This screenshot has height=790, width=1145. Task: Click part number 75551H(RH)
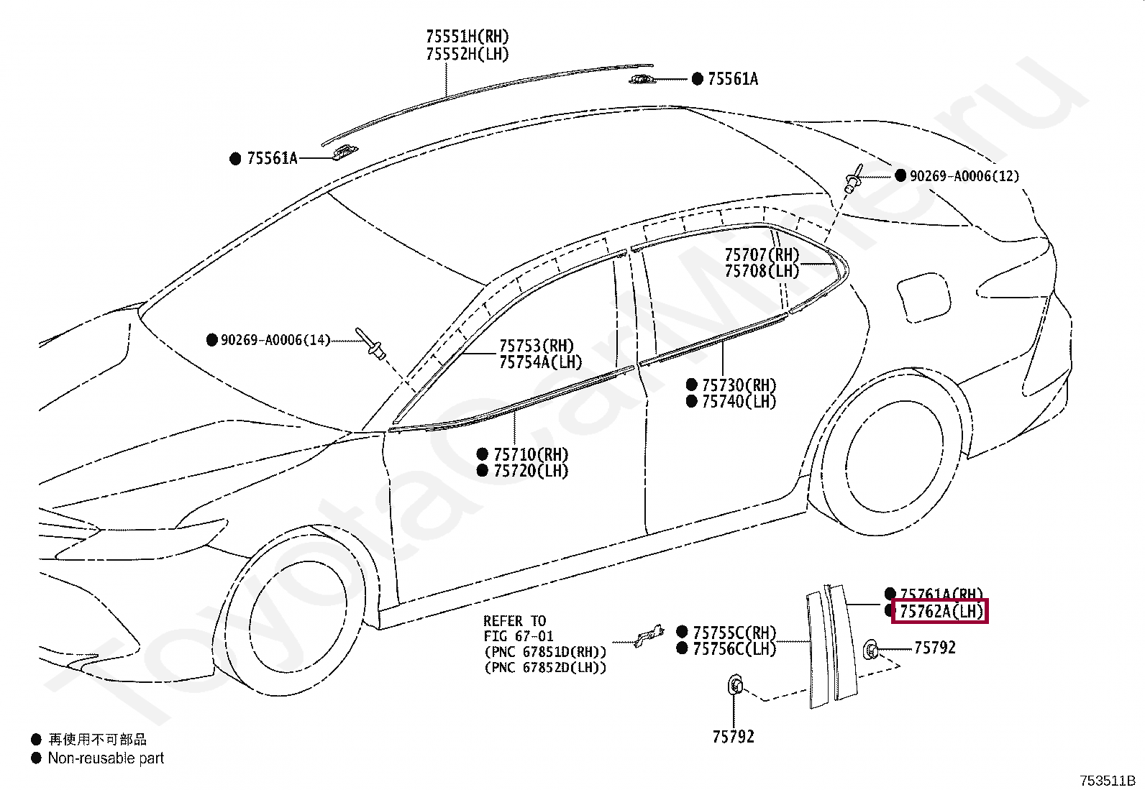pyautogui.click(x=467, y=37)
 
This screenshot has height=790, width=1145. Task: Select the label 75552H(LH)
pyautogui.click(x=467, y=54)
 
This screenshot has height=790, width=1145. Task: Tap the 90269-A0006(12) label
pyautogui.click(x=964, y=176)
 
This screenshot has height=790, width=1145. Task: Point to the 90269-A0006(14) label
pyautogui.click(x=275, y=339)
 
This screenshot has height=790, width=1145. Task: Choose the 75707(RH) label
pyautogui.click(x=762, y=254)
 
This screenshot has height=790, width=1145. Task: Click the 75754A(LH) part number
pyautogui.click(x=541, y=362)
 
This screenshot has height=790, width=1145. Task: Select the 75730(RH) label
pyautogui.click(x=739, y=385)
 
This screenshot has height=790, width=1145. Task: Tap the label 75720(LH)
pyautogui.click(x=531, y=472)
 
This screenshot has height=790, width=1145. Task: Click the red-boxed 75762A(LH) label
pyautogui.click(x=940, y=612)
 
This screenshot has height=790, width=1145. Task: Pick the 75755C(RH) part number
pyautogui.click(x=734, y=633)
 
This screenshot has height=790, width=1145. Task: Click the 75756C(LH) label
pyautogui.click(x=734, y=649)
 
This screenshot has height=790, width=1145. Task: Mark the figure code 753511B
pyautogui.click(x=1106, y=781)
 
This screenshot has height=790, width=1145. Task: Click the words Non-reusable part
pyautogui.click(x=106, y=758)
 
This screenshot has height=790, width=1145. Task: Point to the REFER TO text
pyautogui.click(x=514, y=621)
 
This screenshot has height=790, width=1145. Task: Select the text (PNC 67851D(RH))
pyautogui.click(x=544, y=652)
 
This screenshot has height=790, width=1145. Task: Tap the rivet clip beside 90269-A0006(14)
pyautogui.click(x=371, y=344)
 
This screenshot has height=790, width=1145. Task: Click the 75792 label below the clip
pyautogui.click(x=734, y=737)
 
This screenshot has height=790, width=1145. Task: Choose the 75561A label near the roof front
pyautogui.click(x=272, y=159)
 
